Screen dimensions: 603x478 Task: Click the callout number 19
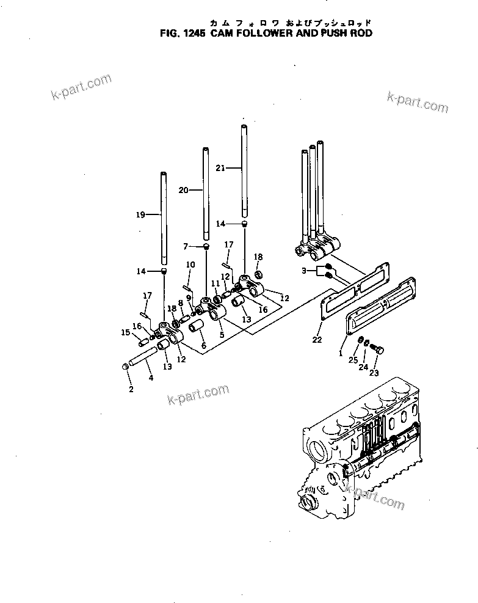click(141, 214)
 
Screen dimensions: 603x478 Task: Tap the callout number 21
click(220, 167)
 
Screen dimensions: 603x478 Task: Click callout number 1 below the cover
click(340, 353)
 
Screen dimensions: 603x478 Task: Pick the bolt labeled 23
click(378, 349)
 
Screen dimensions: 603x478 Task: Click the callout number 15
click(125, 332)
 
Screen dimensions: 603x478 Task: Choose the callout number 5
click(221, 334)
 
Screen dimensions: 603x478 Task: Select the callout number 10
click(190, 265)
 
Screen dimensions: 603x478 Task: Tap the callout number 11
click(215, 283)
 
